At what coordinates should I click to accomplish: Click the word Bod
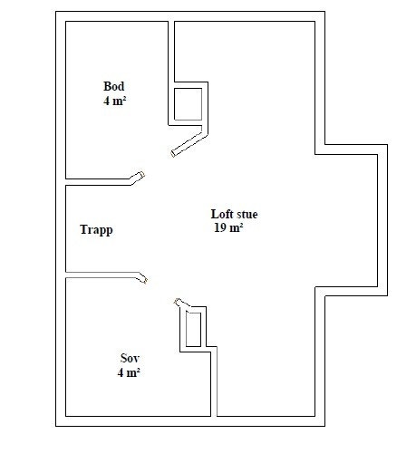[113, 87]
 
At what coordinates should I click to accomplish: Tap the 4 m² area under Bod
[114, 101]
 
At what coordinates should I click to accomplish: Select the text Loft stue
[234, 215]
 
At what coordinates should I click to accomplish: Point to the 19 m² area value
[227, 228]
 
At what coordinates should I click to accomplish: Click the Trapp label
[96, 229]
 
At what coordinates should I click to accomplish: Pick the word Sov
[129, 358]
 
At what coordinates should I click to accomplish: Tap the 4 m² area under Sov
[128, 372]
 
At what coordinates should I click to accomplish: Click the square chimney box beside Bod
[188, 102]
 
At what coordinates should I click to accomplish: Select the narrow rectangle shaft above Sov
[193, 328]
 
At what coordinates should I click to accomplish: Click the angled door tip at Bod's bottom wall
[138, 177]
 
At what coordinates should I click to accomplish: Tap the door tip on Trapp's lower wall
[141, 277]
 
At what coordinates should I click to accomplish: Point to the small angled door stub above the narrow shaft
[179, 302]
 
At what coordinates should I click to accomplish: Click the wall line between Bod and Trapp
[100, 181]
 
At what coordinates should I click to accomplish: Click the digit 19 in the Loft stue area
[218, 228]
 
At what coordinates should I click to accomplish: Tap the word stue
[247, 215]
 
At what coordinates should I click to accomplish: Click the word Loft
[221, 215]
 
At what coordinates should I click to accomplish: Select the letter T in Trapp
[83, 229]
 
